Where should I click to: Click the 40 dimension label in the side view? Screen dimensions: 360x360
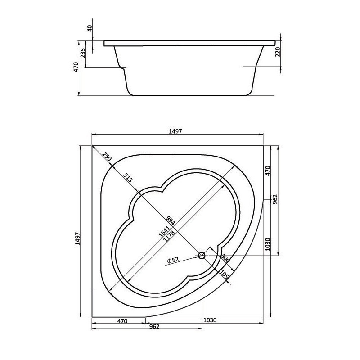click(x=90, y=28)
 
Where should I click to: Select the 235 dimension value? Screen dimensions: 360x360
click(x=83, y=53)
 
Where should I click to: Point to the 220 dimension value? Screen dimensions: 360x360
click(x=278, y=52)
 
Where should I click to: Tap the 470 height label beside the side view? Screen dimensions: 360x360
click(x=76, y=67)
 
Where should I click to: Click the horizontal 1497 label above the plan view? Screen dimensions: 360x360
click(x=175, y=131)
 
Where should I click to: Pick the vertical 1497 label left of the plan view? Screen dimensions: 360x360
click(x=77, y=238)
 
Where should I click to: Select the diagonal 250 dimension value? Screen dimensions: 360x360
click(x=107, y=156)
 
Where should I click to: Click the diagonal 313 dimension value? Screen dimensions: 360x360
click(x=128, y=177)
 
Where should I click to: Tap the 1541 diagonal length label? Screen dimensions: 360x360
click(x=164, y=231)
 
